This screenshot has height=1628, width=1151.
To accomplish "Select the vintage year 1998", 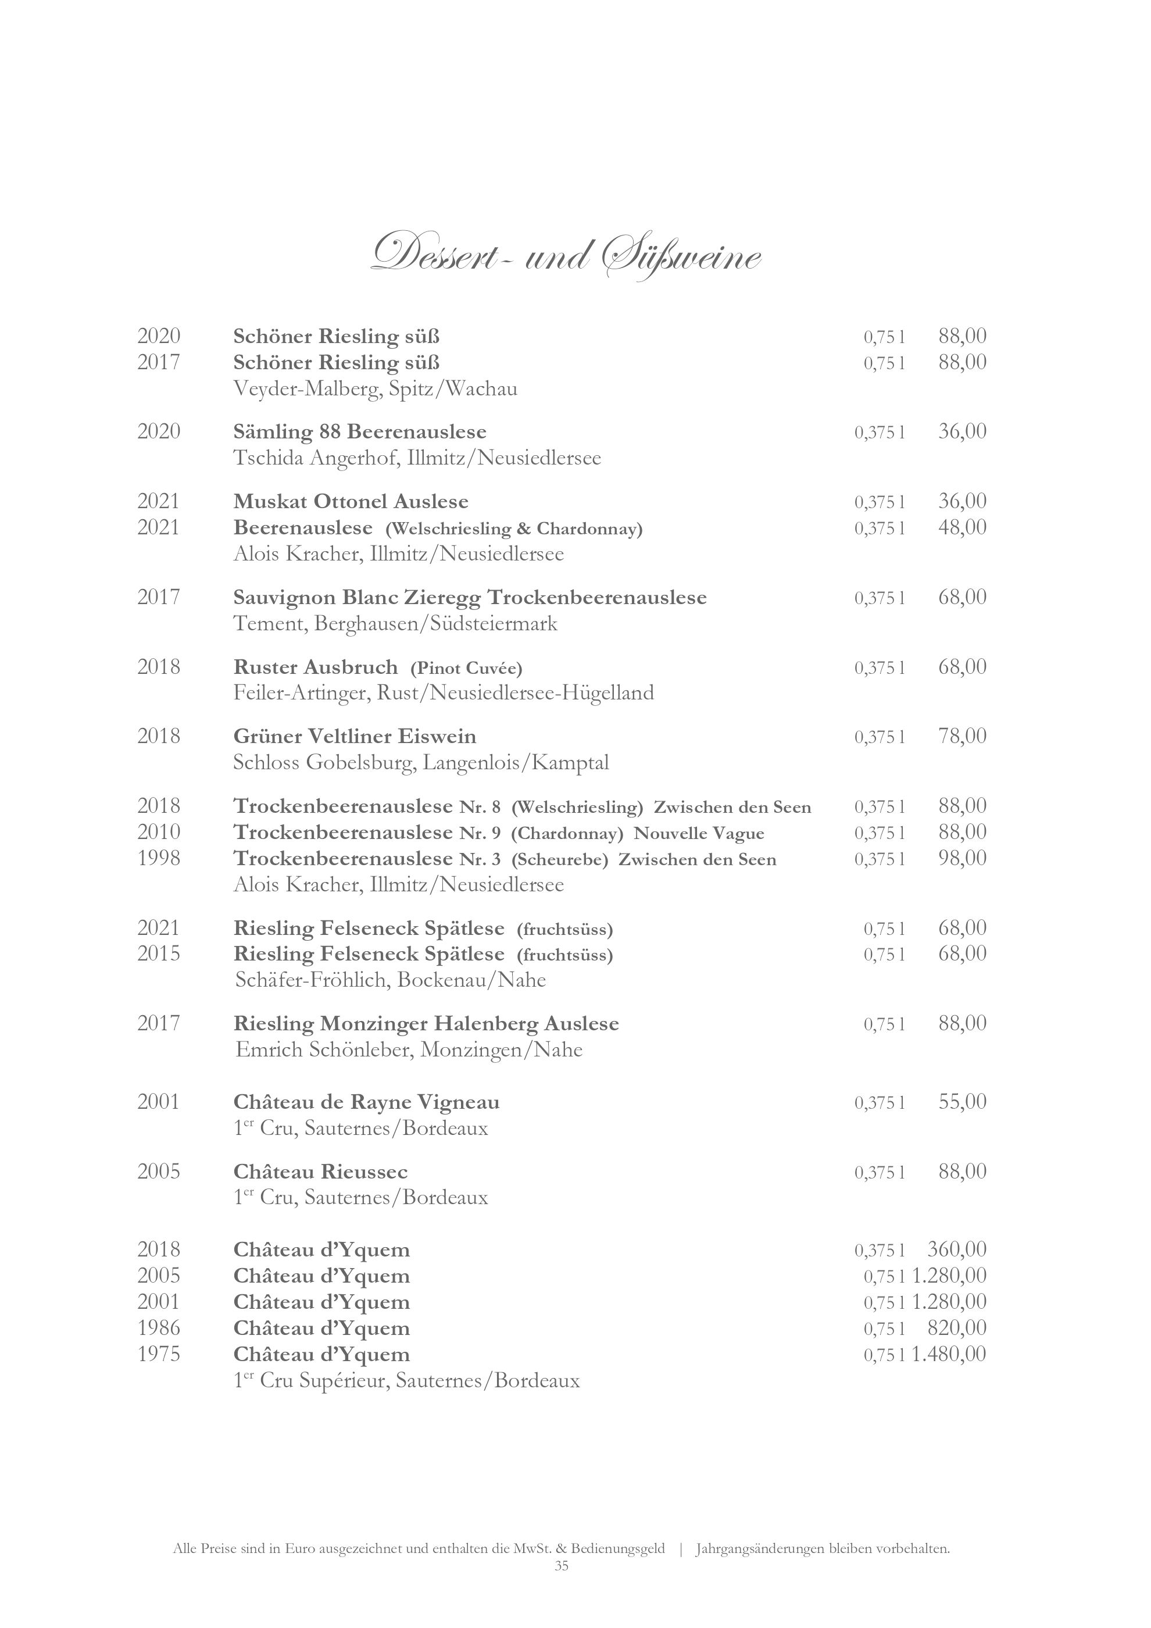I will tap(159, 859).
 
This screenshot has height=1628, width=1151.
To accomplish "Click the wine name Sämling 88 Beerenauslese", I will tap(359, 432).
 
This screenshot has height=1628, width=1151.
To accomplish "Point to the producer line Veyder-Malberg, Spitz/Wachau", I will tap(375, 388).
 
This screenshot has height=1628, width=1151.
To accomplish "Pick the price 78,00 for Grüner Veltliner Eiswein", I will tap(961, 736).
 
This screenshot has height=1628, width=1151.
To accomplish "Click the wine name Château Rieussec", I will tap(320, 1172).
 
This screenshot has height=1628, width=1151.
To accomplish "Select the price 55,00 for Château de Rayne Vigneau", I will tap(961, 1102).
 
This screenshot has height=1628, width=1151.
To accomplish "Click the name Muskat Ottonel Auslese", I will tap(351, 502).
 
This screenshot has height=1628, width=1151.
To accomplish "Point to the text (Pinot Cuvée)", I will tap(466, 668).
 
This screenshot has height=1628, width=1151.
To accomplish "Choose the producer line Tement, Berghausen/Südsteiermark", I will tap(395, 624).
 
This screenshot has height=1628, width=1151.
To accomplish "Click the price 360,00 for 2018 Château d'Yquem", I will tap(956, 1249).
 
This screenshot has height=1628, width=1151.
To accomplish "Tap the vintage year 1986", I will tap(159, 1328).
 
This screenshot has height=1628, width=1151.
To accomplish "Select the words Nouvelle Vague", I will tap(699, 833).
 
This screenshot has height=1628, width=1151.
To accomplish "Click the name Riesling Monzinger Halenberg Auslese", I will tap(426, 1024).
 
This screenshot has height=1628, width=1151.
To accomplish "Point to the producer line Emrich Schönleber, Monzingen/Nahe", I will tap(409, 1049).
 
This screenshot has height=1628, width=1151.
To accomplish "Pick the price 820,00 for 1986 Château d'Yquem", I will tap(956, 1328).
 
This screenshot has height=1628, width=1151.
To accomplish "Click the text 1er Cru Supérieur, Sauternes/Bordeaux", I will tap(406, 1380).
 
